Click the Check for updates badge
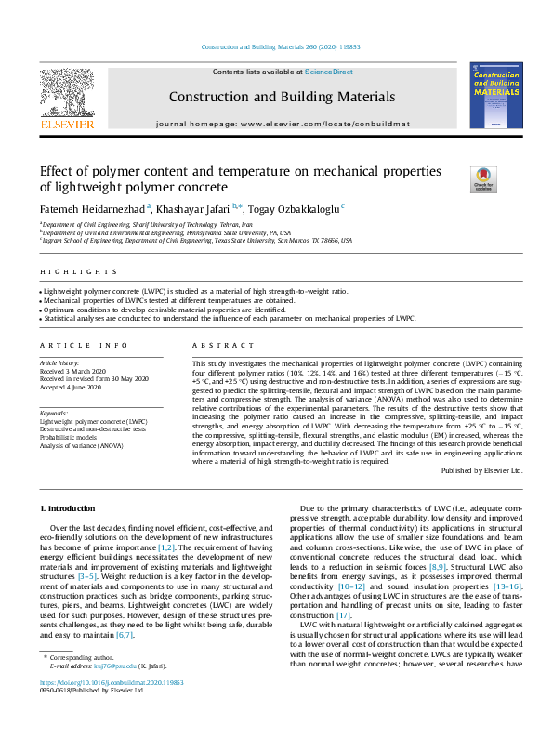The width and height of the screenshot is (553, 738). click(x=484, y=178)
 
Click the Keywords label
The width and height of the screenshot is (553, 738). click(x=54, y=413)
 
